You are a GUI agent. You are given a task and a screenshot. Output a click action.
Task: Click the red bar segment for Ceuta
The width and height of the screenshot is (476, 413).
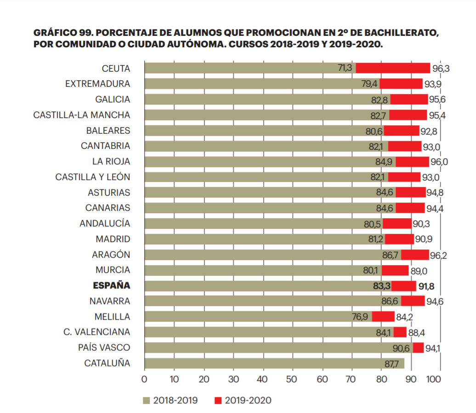point(393,68)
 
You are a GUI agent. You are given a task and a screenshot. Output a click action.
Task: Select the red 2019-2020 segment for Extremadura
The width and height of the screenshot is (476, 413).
point(401,84)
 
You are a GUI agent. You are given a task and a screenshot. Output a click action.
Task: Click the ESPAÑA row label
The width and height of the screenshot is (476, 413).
point(112,285)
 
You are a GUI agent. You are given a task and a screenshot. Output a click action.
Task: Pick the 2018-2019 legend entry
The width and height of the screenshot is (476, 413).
point(170,401)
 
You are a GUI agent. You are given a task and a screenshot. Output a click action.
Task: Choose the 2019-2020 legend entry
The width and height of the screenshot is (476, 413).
point(243,401)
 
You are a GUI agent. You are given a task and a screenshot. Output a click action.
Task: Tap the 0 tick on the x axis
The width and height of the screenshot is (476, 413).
point(144,379)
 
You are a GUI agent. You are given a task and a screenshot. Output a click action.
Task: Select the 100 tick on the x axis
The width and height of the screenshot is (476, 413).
point(434,379)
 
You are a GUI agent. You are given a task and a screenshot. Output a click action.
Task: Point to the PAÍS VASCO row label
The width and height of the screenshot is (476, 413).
point(104,347)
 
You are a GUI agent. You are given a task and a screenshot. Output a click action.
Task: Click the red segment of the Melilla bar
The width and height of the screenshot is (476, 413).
point(383,317)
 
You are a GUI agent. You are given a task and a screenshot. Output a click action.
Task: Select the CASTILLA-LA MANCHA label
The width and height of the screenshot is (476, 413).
point(82,115)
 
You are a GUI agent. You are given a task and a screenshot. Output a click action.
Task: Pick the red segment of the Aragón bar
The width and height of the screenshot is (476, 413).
point(415,255)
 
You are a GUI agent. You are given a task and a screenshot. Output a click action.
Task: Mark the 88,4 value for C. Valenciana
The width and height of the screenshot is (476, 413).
point(416,332)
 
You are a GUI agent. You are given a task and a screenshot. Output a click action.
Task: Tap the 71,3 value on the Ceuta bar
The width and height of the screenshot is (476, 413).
point(345,68)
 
